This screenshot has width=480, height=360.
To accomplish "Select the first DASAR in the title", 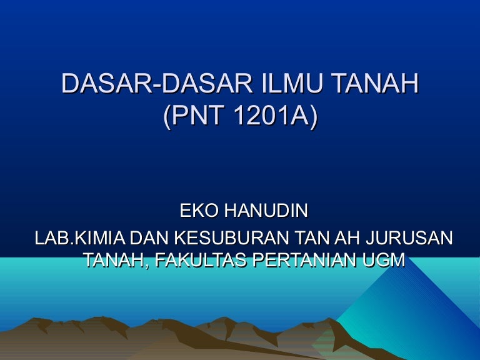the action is coord(106,83).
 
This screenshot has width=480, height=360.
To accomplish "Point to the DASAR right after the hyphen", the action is coord(207,83).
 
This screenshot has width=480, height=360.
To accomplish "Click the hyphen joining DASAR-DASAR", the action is coord(156,86).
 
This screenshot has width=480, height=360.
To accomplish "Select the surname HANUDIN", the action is coord(266,211).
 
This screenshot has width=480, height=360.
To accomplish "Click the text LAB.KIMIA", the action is coord(80,238).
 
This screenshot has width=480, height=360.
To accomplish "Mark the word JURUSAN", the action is coord(409,238).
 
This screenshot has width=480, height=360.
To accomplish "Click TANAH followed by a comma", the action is coord(117,260).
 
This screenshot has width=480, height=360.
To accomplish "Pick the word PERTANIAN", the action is coord(305,260).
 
